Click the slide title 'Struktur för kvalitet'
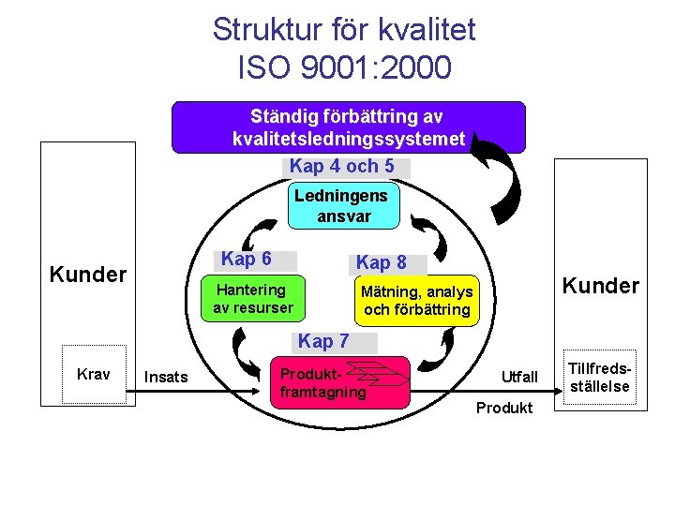(344, 30)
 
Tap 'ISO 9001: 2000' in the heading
(344, 68)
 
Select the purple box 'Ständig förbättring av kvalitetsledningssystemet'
(348, 128)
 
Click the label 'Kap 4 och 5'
(348, 167)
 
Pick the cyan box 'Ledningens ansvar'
(344, 205)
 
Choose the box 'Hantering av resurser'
(252, 298)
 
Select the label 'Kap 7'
(323, 341)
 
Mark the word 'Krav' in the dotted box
(93, 375)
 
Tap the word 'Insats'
(166, 377)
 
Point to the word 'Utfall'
(519, 377)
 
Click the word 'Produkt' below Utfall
(504, 408)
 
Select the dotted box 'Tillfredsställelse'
(600, 376)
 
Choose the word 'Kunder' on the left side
(87, 275)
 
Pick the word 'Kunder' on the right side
(600, 285)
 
